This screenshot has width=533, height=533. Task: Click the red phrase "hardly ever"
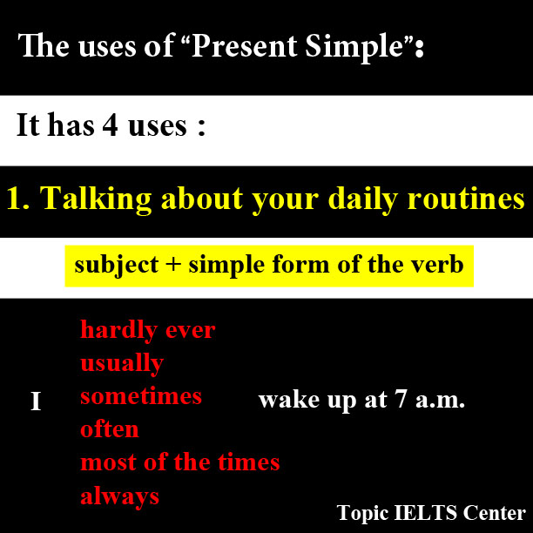148,329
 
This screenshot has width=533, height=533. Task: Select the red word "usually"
123,363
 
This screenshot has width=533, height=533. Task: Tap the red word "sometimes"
141,396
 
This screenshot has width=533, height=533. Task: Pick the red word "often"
110,428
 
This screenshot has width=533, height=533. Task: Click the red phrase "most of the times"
180,462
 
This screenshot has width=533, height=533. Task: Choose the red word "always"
119,496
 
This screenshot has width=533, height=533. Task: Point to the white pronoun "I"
36,401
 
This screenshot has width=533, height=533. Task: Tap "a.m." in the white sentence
440,401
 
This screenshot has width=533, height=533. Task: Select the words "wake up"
307,400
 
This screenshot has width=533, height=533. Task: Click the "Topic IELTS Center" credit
431,513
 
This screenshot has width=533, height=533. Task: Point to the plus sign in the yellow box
173,264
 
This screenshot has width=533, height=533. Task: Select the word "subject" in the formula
117,265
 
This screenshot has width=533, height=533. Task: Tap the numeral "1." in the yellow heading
18,199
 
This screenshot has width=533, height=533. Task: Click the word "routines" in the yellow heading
466,198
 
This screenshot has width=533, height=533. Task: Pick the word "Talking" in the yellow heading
96,199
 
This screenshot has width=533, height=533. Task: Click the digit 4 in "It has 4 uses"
110,125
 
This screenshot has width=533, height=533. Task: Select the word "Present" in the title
244,46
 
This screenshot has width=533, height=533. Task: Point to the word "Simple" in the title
354,47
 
